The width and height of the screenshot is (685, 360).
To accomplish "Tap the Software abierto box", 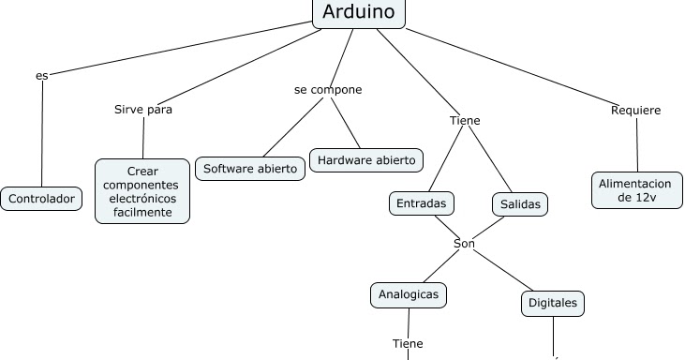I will tap(250, 170).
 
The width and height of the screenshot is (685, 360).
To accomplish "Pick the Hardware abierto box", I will tap(367, 160).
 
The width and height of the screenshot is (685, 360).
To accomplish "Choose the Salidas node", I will tap(520, 203).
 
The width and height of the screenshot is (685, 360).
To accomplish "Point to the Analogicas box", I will tap(408, 294).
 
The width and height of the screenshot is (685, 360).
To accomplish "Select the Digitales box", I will tap(553, 304).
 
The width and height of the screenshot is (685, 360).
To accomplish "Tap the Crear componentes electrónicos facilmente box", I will tap(142, 191).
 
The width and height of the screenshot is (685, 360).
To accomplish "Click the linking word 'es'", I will tap(41, 75).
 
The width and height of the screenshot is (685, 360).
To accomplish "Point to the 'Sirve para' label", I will tap(142, 109).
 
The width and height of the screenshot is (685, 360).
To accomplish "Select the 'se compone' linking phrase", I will tap(327, 90).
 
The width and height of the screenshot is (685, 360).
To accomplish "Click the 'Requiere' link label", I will tap(635, 110).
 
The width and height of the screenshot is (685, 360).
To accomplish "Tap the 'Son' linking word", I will tap(464, 244).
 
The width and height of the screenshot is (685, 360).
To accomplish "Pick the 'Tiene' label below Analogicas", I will tap(408, 342).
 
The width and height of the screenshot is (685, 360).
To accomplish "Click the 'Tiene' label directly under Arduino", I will tap(465, 120).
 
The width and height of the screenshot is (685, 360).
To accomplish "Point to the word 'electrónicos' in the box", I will tap(142, 199).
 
